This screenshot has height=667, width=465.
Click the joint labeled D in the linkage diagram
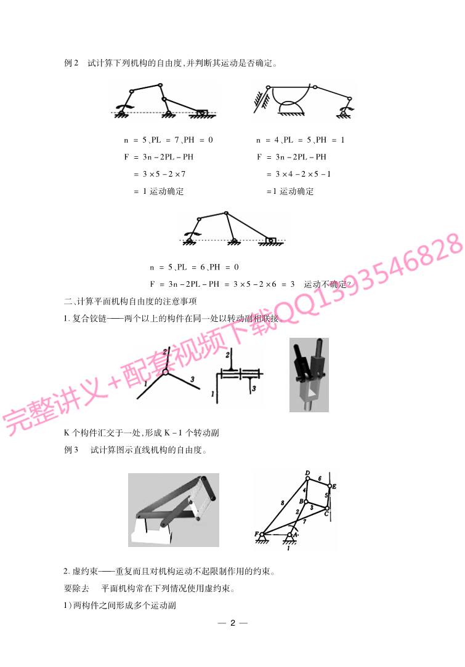point(308,478)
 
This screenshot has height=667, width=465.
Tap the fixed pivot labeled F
point(262,534)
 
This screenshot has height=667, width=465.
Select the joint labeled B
point(305,501)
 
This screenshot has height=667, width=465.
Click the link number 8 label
point(282,503)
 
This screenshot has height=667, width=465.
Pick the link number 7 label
point(304,521)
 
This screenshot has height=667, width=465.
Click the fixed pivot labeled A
point(290,535)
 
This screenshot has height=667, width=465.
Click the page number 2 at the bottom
point(233,623)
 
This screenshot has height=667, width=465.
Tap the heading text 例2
point(71,63)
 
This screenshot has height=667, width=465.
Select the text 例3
point(71,450)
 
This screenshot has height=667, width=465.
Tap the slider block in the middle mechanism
point(270,240)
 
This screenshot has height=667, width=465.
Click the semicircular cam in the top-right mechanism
point(291,107)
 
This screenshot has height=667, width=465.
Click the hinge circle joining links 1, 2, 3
point(166,372)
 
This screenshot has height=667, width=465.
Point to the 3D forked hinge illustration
point(309,375)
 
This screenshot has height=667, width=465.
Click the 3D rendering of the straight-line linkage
point(174,509)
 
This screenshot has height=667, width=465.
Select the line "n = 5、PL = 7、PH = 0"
point(169,140)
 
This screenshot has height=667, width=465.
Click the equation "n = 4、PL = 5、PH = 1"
point(300,140)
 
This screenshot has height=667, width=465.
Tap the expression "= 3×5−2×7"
point(160,174)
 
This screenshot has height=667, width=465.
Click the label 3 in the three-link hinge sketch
point(193,379)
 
